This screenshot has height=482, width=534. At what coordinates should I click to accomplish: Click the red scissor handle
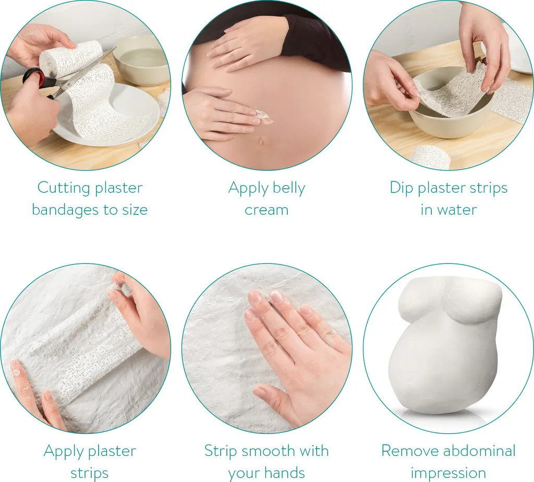click(x=33, y=76)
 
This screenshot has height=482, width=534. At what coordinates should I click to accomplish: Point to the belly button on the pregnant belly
click(x=262, y=140)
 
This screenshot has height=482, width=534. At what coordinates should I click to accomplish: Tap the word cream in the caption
click(x=266, y=210)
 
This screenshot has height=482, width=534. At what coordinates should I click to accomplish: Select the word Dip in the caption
click(x=401, y=188)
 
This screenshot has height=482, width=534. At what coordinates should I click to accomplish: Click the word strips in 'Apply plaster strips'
click(x=89, y=473)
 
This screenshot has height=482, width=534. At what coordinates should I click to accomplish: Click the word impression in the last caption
click(x=448, y=473)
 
